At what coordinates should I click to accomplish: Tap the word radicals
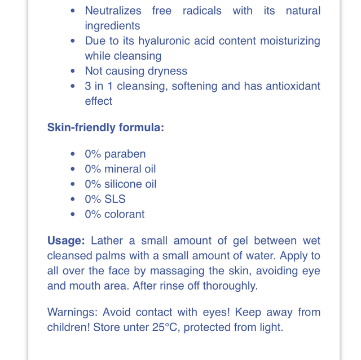[x=202, y=11]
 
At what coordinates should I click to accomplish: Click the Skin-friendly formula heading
[x=105, y=127]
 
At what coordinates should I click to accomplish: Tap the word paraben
[x=125, y=154]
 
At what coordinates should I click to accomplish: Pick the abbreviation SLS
[x=115, y=199]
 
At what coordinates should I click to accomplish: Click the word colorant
[x=124, y=214]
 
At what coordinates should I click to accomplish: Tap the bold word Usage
[x=66, y=241]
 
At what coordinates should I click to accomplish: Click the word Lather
[x=107, y=241]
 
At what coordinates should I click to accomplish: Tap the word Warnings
[x=71, y=312]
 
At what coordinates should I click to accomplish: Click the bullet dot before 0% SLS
[x=73, y=199]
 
